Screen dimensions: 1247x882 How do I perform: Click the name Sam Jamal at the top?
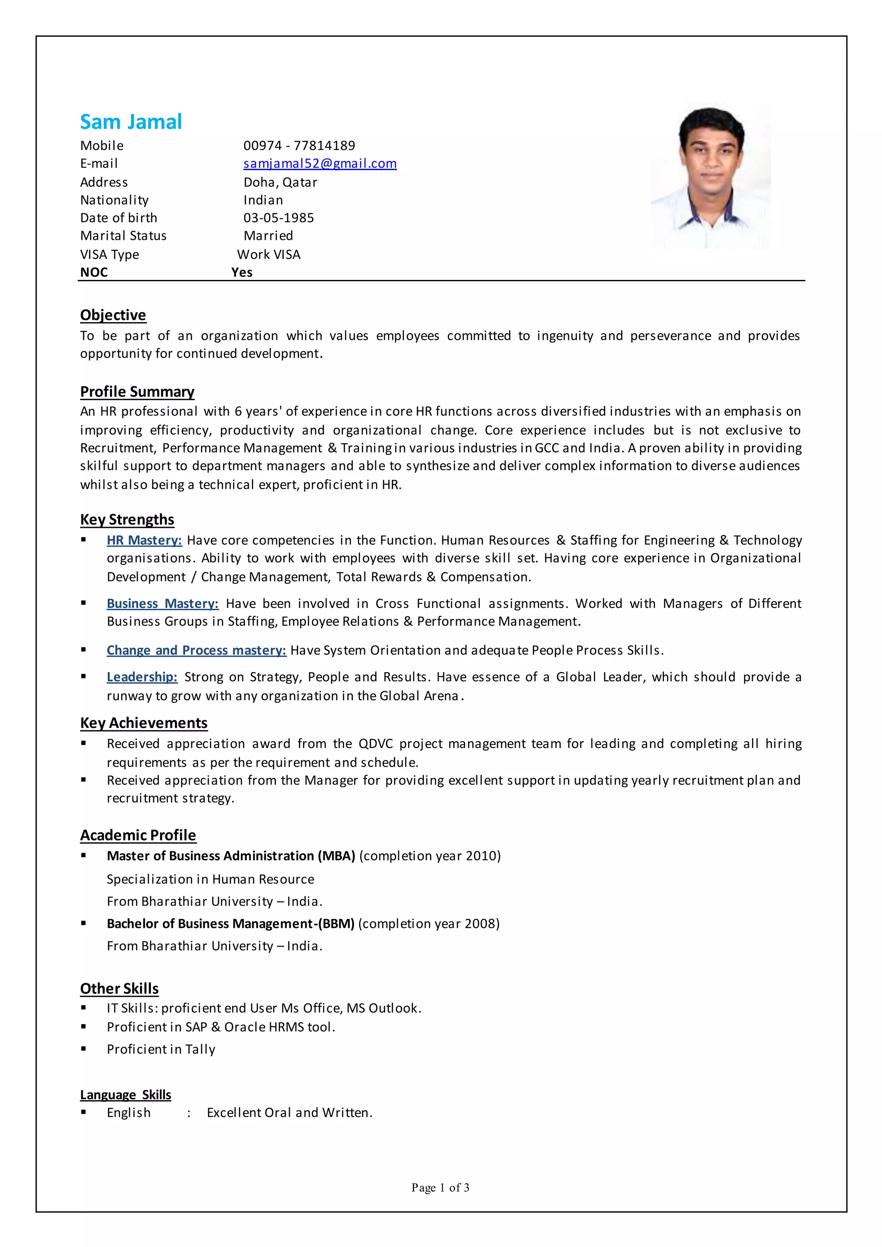pyautogui.click(x=131, y=122)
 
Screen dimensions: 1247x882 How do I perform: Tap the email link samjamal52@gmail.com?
pyautogui.click(x=320, y=164)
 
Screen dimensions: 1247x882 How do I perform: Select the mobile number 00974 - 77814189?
pyautogui.click(x=299, y=146)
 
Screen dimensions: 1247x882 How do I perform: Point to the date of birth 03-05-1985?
pyautogui.click(x=279, y=218)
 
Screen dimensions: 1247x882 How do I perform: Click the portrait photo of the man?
pyautogui.click(x=710, y=177)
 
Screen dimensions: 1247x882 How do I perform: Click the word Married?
pyautogui.click(x=268, y=236)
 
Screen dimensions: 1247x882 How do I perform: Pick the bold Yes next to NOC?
pyautogui.click(x=242, y=273)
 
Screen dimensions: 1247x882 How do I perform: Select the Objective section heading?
pyautogui.click(x=113, y=315)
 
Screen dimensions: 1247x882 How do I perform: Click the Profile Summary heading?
pyautogui.click(x=137, y=391)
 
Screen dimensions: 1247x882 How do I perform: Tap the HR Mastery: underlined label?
pyautogui.click(x=144, y=540)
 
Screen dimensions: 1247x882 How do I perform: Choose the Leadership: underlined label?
pyautogui.click(x=142, y=677)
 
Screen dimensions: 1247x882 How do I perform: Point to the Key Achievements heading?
pyautogui.click(x=144, y=723)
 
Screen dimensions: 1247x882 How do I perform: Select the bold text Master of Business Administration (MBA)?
pyautogui.click(x=231, y=856)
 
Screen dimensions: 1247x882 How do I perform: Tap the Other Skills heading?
pyautogui.click(x=119, y=989)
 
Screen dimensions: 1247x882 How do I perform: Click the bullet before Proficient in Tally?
pyautogui.click(x=84, y=1049)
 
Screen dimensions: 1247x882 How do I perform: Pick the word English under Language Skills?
pyautogui.click(x=129, y=1113)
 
